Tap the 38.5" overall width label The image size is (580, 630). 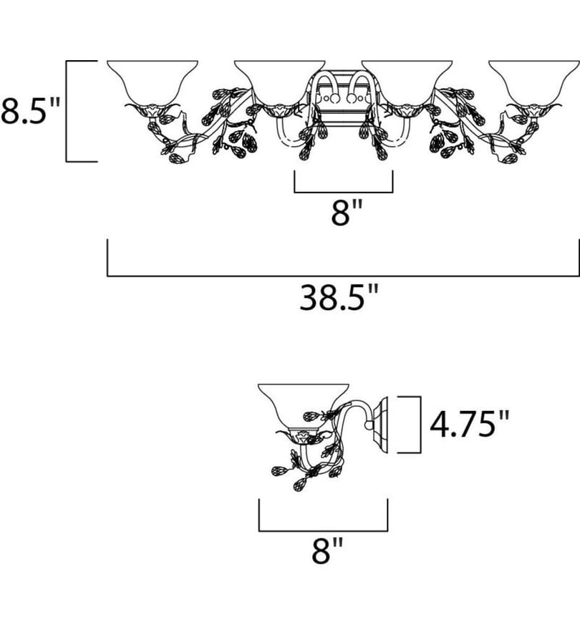339,298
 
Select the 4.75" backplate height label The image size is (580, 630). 469,424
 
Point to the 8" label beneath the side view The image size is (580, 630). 327,551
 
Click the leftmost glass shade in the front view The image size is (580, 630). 153,82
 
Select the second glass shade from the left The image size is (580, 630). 280,82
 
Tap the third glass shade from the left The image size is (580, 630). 407,82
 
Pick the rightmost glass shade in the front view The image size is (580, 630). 534,82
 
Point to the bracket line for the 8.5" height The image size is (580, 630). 67,111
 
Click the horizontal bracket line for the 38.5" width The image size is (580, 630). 343,276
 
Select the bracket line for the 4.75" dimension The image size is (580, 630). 421,425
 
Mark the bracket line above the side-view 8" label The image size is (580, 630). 323,531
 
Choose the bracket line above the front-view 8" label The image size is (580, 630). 343,193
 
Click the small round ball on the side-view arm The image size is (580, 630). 368,425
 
